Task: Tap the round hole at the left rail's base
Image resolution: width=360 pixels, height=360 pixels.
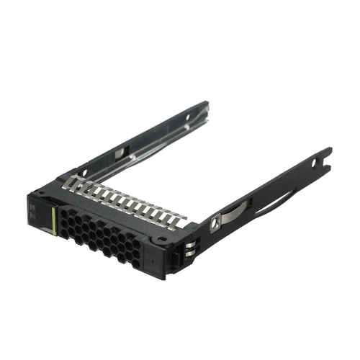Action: point(84,173)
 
